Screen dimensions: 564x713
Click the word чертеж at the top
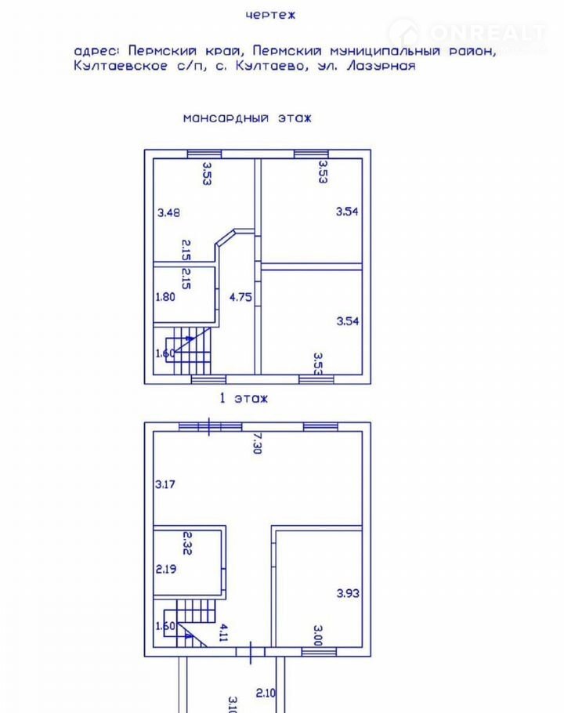(x=270, y=15)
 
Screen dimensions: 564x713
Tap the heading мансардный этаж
(x=248, y=118)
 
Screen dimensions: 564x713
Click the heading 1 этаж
(x=244, y=398)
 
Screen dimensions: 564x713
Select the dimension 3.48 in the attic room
(x=168, y=212)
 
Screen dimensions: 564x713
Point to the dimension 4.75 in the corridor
(x=240, y=297)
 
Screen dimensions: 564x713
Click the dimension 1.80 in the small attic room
(x=165, y=297)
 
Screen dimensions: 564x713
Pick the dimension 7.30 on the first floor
(x=257, y=443)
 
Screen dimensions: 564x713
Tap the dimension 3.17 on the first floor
(x=165, y=484)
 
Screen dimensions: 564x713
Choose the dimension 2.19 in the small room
(x=166, y=569)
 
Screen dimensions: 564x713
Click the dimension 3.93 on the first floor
(x=348, y=593)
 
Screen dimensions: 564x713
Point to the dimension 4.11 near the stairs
(x=223, y=632)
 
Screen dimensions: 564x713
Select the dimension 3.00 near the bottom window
(x=318, y=635)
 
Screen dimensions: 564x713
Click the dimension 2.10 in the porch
(x=266, y=693)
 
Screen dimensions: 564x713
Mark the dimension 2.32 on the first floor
(x=187, y=543)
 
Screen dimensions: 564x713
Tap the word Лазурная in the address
(x=381, y=66)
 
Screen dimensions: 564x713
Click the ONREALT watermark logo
(x=468, y=33)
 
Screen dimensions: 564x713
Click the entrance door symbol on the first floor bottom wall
(x=251, y=652)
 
